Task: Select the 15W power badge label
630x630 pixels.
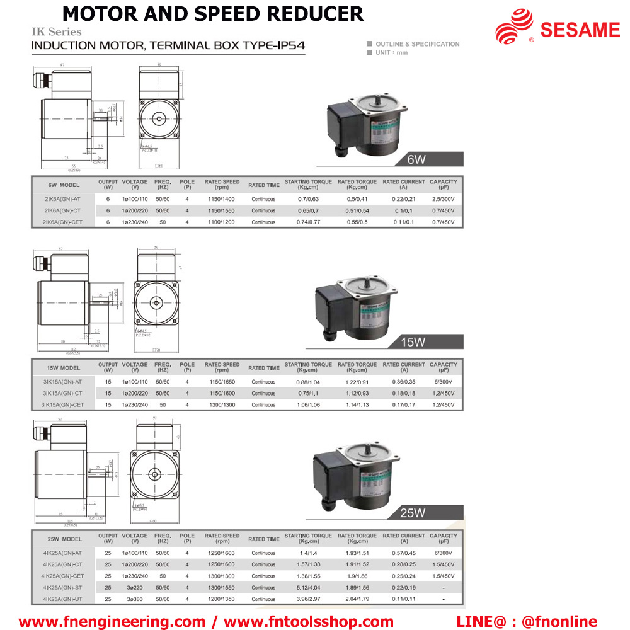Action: pyautogui.click(x=413, y=342)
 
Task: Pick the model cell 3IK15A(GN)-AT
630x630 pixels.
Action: pyautogui.click(x=62, y=382)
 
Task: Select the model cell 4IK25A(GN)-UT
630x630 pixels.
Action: pyautogui.click(x=62, y=598)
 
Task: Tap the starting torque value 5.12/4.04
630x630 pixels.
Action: pyautogui.click(x=308, y=587)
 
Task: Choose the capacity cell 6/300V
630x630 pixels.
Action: pyautogui.click(x=444, y=553)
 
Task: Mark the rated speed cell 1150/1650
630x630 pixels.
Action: pyautogui.click(x=222, y=382)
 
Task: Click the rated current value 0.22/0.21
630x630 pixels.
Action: pyautogui.click(x=404, y=199)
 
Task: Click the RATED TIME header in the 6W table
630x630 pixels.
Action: pyautogui.click(x=264, y=185)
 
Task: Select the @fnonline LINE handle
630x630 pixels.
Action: pyautogui.click(x=559, y=622)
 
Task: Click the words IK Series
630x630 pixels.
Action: pyautogui.click(x=57, y=31)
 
